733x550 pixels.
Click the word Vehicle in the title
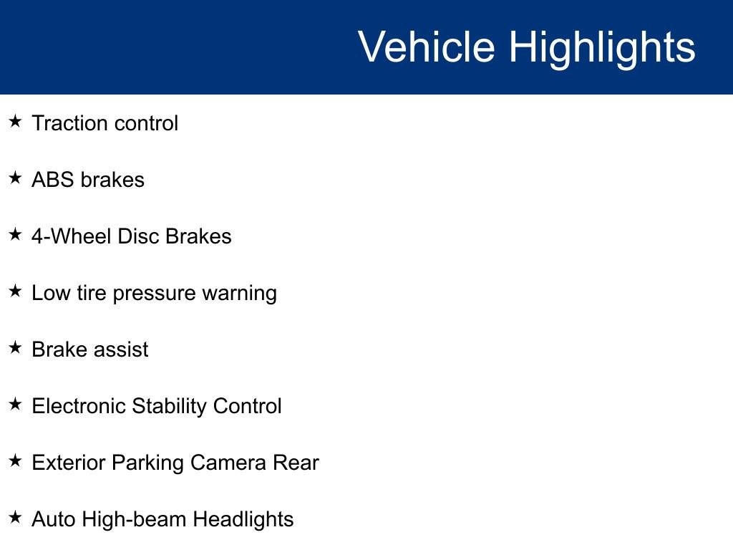[426, 47]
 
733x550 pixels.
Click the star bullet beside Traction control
[16, 122]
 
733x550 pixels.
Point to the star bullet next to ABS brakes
[16, 178]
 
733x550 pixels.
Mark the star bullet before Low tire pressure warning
[16, 291]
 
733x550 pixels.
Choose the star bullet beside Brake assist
[16, 348]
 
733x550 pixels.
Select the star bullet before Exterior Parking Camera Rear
[16, 461]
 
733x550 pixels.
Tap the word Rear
[296, 463]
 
